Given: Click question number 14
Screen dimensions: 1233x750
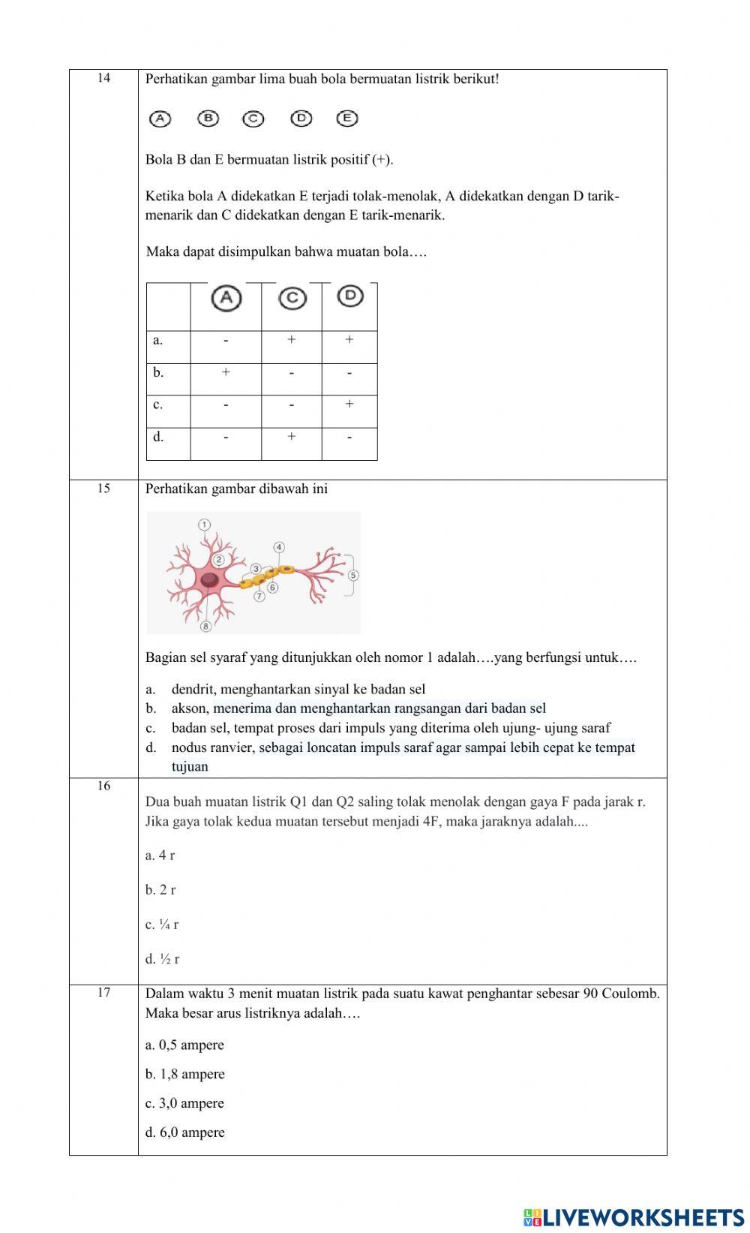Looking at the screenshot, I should pos(103,78).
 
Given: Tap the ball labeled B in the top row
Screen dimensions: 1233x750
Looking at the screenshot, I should pos(208,118).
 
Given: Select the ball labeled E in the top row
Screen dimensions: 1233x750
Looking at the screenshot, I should pos(346,118).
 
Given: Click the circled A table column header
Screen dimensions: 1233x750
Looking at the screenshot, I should pos(226,299).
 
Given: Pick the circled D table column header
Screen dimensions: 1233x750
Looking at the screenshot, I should pos(349,296).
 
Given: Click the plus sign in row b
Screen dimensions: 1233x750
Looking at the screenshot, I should pos(226,372).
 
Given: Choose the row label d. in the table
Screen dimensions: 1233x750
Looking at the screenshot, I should pos(158,437).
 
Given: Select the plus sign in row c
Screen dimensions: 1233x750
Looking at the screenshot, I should pos(349,404).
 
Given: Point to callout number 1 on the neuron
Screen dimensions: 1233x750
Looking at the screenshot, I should pos(204,524).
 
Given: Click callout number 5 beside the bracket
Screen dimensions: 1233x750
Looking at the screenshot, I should pos(353,576).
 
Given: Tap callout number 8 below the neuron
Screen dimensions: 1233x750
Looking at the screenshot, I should pos(205,625).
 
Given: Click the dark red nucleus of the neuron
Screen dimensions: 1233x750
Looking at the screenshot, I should pos(209,579).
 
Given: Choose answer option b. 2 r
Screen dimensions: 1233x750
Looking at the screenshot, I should pos(160,890).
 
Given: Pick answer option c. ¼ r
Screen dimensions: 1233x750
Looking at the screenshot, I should pos(162,925).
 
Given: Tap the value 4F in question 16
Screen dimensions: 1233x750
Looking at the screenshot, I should pos(430,821).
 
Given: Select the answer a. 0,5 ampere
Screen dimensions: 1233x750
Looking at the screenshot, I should pos(184,1045).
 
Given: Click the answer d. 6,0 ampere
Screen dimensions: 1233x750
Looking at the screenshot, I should pos(184,1132).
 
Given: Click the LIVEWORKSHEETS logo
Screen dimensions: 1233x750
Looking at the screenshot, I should pos(634,1216).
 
